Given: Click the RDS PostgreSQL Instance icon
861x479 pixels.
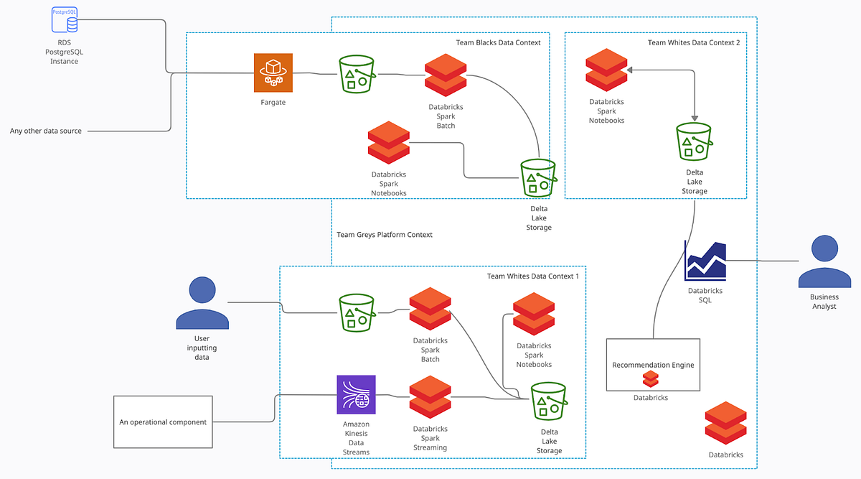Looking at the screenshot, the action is [x=65, y=19].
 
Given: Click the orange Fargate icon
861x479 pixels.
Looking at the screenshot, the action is [x=273, y=73].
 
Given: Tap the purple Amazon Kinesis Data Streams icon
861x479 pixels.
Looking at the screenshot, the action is [x=357, y=394].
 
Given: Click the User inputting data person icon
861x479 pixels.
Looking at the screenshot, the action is [x=202, y=303].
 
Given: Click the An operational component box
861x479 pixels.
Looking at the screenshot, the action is [x=163, y=422].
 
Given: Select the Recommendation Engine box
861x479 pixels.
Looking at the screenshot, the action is [x=653, y=365].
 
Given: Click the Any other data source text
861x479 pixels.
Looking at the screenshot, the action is [x=46, y=131].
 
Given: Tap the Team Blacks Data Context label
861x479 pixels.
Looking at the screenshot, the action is [x=498, y=42].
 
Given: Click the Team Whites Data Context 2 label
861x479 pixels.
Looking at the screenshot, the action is [x=693, y=42].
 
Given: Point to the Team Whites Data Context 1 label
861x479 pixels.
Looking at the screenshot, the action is [x=532, y=276].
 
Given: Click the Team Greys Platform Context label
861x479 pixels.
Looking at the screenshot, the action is [x=385, y=235].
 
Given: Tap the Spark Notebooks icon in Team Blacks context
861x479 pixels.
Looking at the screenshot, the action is [x=388, y=143].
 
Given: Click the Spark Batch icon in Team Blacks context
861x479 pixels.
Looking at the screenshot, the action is [x=446, y=75].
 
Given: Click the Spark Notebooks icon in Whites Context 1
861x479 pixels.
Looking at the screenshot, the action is [x=534, y=314].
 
